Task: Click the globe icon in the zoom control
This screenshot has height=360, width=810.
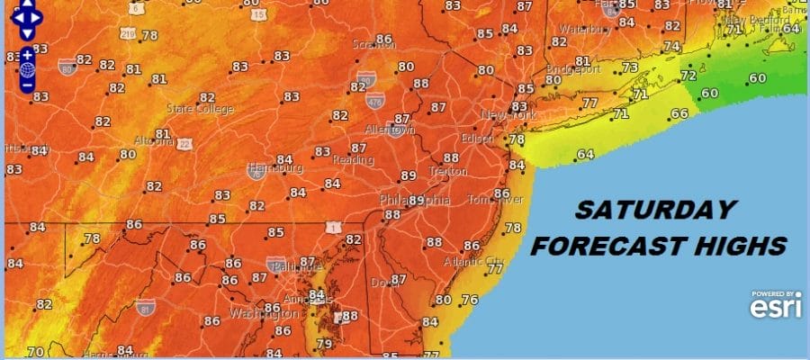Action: click(27, 69)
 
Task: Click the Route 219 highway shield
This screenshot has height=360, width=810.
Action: click(127, 34)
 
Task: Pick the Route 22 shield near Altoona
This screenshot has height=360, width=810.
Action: click(184, 144)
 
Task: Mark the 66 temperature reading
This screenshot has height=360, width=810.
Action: click(679, 114)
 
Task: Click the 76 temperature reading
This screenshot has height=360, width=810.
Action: click(469, 300)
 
